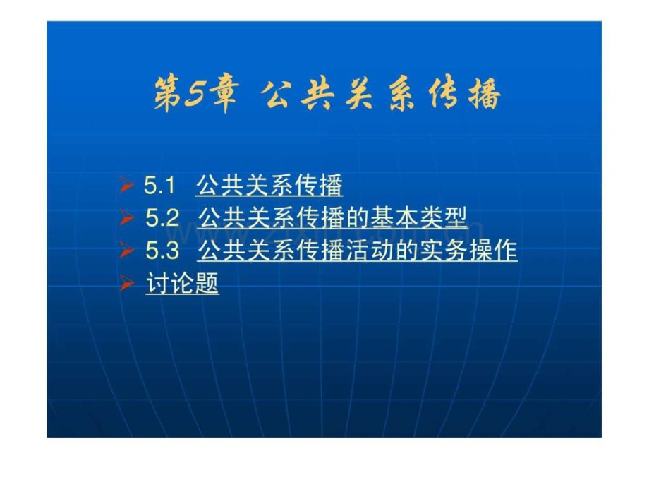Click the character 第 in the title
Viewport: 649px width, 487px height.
click(x=168, y=94)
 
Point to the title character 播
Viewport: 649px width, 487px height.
click(x=485, y=95)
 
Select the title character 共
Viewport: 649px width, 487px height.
click(x=318, y=95)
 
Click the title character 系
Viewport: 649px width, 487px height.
click(x=401, y=95)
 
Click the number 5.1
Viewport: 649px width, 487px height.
click(x=159, y=185)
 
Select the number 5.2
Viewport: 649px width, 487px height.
click(x=162, y=218)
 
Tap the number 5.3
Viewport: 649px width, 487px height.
click(x=162, y=251)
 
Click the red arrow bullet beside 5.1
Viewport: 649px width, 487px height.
click(x=126, y=185)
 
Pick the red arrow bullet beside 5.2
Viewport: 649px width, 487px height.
click(x=126, y=218)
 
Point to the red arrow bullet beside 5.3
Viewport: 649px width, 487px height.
click(x=126, y=250)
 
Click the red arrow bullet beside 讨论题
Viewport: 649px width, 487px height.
click(x=126, y=284)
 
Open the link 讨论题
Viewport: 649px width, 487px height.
click(x=182, y=284)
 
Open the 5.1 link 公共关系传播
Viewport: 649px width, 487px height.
click(x=269, y=185)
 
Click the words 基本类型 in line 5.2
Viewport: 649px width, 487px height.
click(x=418, y=218)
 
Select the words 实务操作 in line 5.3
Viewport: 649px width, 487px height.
click(x=468, y=251)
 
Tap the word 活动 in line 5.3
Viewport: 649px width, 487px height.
click(x=370, y=251)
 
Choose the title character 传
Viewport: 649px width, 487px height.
click(x=443, y=95)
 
